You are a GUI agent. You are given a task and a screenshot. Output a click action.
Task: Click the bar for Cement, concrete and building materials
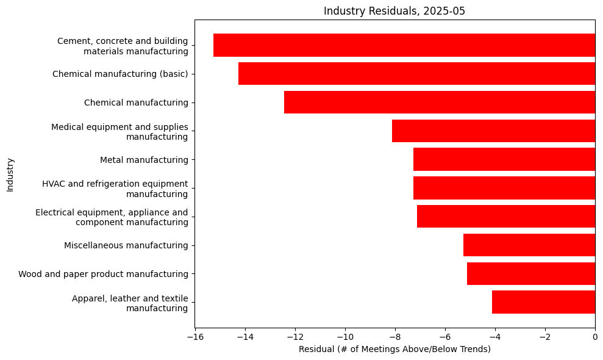click(404, 45)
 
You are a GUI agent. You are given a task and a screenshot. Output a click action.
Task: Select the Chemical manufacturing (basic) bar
click(416, 74)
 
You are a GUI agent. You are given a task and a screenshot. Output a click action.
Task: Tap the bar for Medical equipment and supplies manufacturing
click(493, 131)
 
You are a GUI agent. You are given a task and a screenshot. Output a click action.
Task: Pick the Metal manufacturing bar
click(504, 159)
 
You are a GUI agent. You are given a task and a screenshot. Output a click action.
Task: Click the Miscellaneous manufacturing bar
click(529, 245)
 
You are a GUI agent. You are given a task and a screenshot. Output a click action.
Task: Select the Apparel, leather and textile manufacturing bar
click(543, 302)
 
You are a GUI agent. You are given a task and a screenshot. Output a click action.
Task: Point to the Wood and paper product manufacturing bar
click(530, 273)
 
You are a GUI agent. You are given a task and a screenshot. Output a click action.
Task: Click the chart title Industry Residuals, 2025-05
click(394, 11)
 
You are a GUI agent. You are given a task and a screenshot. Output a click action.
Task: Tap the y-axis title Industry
click(10, 175)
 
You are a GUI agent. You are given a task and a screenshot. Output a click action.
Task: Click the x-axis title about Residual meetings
click(394, 349)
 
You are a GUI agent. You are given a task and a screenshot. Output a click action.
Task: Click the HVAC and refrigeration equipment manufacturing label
click(115, 189)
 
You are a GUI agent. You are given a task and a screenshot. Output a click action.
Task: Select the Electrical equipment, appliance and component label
click(112, 217)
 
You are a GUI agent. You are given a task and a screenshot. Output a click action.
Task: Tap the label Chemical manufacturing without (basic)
click(136, 103)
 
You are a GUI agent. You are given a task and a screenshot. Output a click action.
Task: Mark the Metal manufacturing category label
click(144, 160)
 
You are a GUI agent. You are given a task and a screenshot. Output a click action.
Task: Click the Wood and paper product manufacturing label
click(103, 274)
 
